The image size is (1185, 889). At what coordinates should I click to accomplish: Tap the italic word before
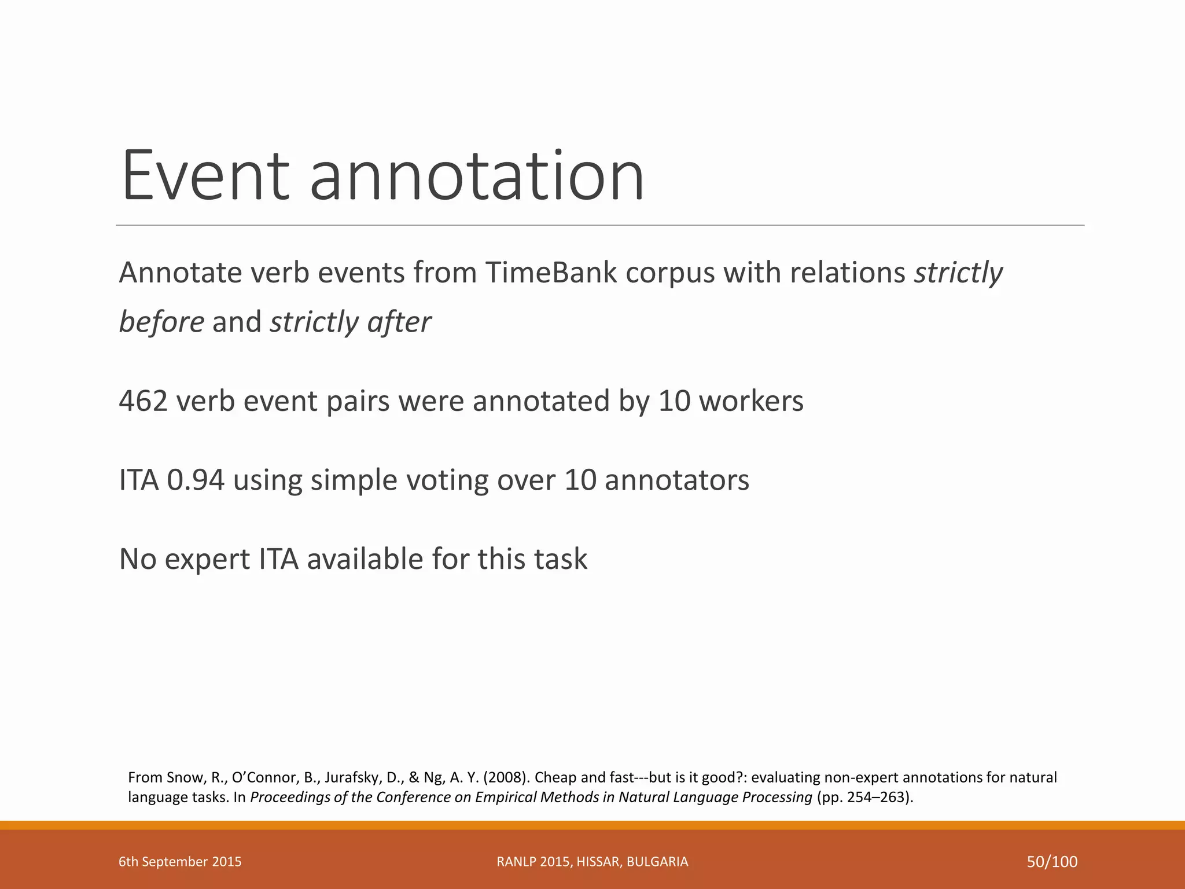(x=161, y=322)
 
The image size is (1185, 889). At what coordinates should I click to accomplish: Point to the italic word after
(x=399, y=322)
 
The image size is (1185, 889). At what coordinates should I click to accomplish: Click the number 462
(x=143, y=401)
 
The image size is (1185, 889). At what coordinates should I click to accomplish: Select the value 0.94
(x=196, y=480)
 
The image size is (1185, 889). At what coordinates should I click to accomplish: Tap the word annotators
(x=676, y=480)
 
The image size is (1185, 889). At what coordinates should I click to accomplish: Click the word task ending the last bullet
(x=560, y=560)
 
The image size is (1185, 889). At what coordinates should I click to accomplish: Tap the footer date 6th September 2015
(x=180, y=862)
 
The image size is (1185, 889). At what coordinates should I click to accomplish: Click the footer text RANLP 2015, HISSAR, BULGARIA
(x=592, y=862)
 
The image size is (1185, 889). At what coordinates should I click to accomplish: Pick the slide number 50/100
(x=1052, y=862)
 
